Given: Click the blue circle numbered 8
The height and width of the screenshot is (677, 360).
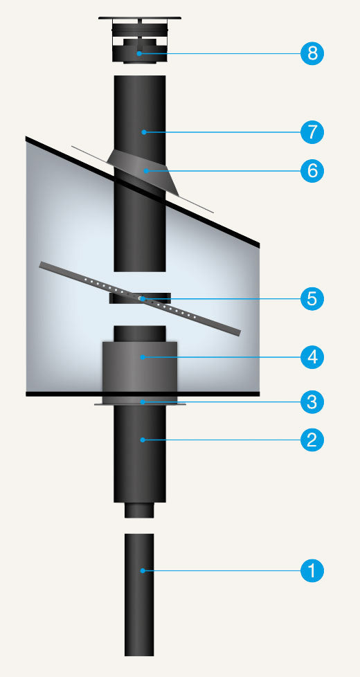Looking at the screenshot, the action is tap(312, 53).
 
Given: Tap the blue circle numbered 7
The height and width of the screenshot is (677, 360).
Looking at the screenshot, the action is tap(312, 132).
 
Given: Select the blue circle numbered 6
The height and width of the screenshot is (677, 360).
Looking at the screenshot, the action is tap(312, 171).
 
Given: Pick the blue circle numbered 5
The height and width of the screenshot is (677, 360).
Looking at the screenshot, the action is tap(312, 298).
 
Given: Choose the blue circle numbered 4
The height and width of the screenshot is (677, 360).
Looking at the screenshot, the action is tap(312, 357).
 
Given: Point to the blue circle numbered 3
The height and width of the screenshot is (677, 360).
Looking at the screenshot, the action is tap(312, 402).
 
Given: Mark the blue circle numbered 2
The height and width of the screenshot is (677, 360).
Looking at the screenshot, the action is tap(312, 440).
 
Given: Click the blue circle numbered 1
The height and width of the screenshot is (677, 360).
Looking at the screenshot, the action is tap(312, 571).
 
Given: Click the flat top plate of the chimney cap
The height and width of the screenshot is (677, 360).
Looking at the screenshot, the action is tap(139, 18).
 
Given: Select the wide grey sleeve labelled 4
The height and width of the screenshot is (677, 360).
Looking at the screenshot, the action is tap(139, 367).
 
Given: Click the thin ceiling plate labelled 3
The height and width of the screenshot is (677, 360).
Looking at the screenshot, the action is tap(140, 403).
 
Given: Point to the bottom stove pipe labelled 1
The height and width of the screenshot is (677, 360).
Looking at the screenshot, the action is tap(139, 595).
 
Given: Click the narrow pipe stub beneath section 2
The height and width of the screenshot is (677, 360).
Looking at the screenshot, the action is tap(139, 510).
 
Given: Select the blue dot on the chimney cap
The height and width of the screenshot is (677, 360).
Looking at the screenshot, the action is tap(139, 53).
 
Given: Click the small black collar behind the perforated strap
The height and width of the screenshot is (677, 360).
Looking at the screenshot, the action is tap(140, 298).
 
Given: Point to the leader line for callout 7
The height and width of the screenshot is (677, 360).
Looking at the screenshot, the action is tap(222, 132).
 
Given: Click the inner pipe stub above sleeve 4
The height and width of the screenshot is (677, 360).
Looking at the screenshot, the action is tap(139, 334).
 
